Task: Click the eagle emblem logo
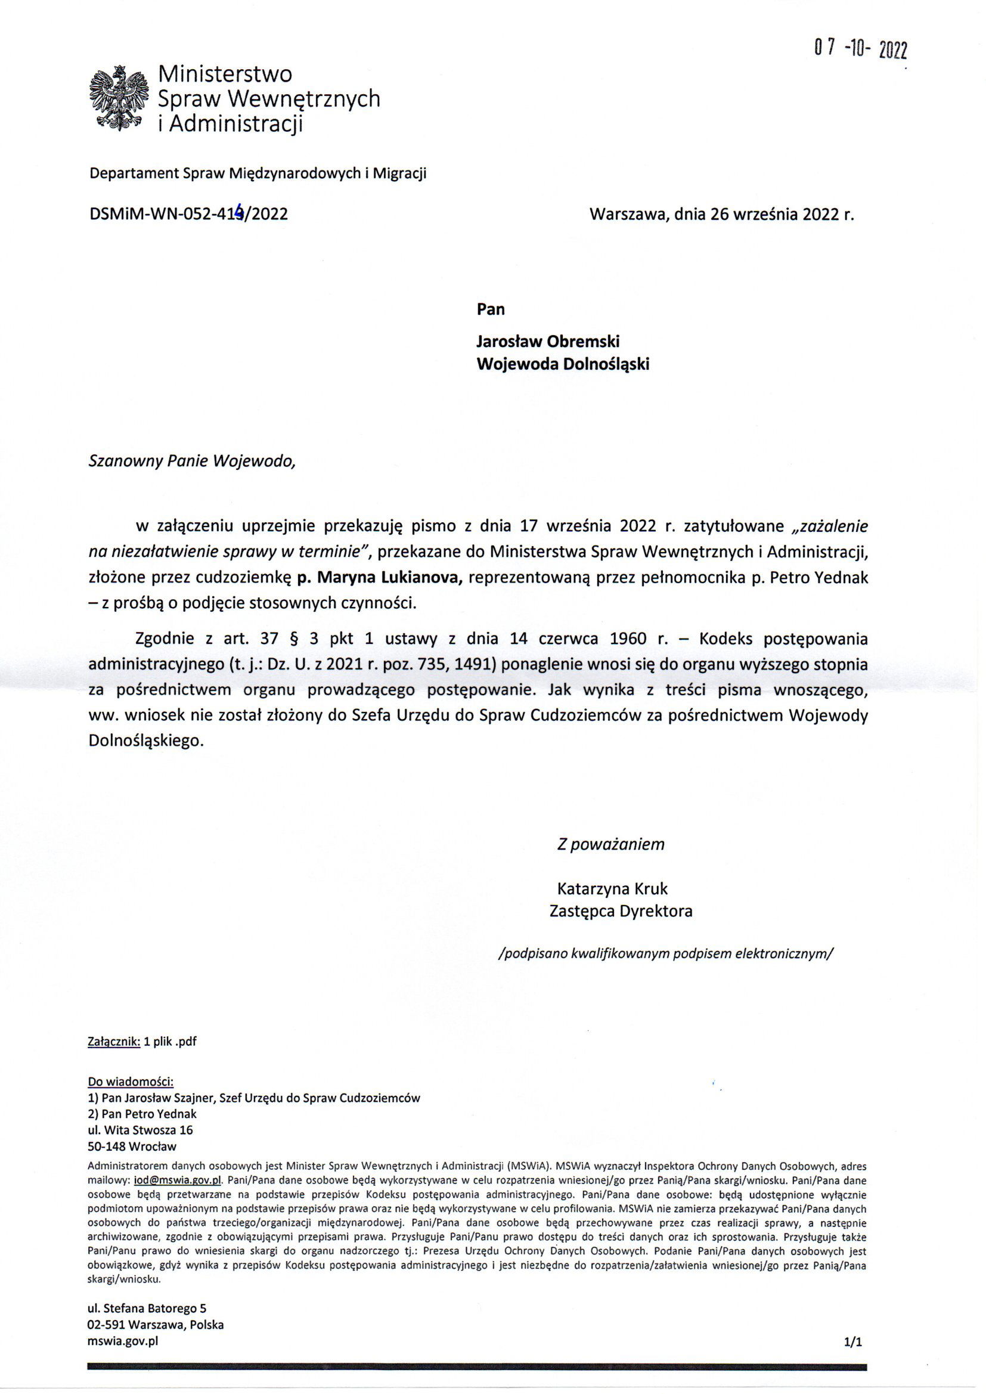pos(120,97)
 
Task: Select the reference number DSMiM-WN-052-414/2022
pos(188,213)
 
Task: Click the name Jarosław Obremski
pos(548,341)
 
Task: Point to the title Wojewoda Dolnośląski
pos(563,364)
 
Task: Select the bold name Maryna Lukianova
pos(380,578)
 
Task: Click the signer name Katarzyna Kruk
pos(612,889)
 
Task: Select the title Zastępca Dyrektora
pos(621,911)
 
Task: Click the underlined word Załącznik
pos(114,1041)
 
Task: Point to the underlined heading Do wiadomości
pos(131,1082)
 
